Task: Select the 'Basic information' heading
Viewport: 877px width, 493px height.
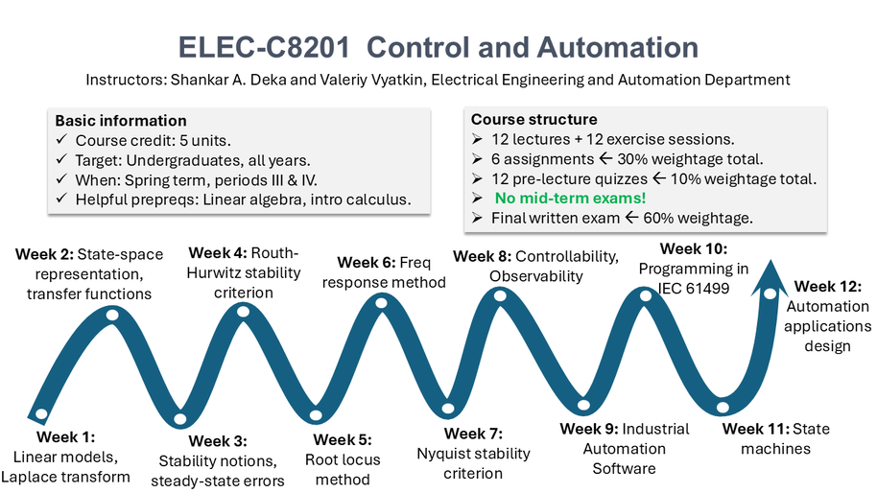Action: [x=121, y=121]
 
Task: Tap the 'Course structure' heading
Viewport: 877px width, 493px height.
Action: [x=533, y=120]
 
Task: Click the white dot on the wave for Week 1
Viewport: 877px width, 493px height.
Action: [x=41, y=414]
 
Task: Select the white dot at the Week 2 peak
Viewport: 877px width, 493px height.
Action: [x=112, y=315]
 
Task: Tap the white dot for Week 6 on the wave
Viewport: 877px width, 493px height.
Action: [x=382, y=304]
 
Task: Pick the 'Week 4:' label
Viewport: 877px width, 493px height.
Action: [x=218, y=253]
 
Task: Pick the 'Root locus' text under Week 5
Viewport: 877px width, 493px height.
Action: [x=343, y=459]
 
